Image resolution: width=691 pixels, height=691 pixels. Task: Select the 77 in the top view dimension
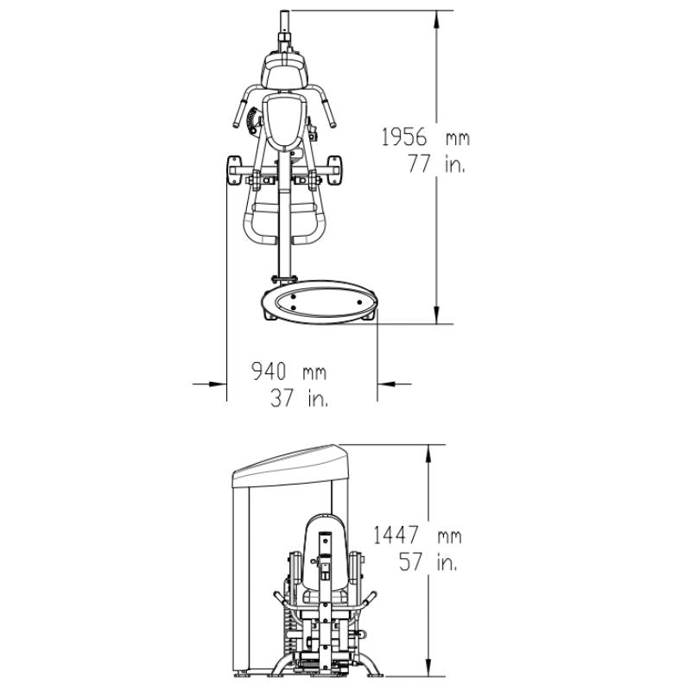[421, 166]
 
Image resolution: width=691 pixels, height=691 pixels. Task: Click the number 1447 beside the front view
[400, 536]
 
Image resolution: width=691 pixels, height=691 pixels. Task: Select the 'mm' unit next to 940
[314, 372]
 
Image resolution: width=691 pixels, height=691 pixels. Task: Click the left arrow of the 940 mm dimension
[214, 382]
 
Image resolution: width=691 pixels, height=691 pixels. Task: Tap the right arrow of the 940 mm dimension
[390, 382]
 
